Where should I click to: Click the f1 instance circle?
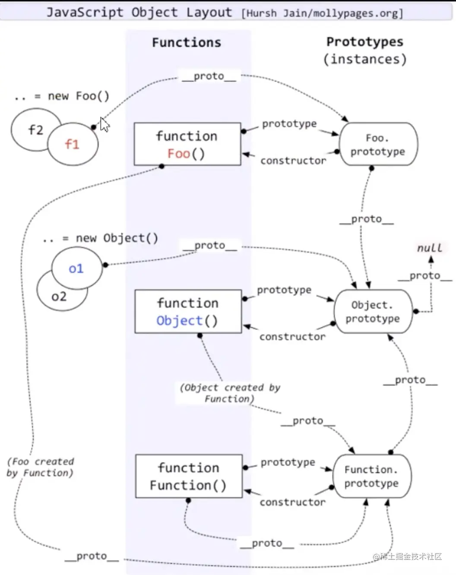(73, 144)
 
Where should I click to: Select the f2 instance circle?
(30, 130)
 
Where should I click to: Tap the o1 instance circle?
(76, 269)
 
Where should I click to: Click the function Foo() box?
(187, 144)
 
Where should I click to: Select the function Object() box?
(188, 311)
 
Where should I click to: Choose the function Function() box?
(189, 476)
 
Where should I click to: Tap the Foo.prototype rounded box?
(378, 144)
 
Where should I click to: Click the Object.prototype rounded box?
(373, 311)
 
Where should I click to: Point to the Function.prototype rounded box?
(371, 476)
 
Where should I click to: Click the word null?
(429, 248)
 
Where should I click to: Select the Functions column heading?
(187, 42)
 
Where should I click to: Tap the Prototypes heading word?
(364, 42)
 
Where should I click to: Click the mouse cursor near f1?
(104, 125)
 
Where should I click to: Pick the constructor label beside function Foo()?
(293, 161)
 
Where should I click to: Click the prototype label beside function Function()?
(288, 462)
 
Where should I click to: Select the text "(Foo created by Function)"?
(40, 467)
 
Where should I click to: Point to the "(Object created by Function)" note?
(230, 393)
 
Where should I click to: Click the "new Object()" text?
(117, 238)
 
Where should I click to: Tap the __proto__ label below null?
(424, 275)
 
